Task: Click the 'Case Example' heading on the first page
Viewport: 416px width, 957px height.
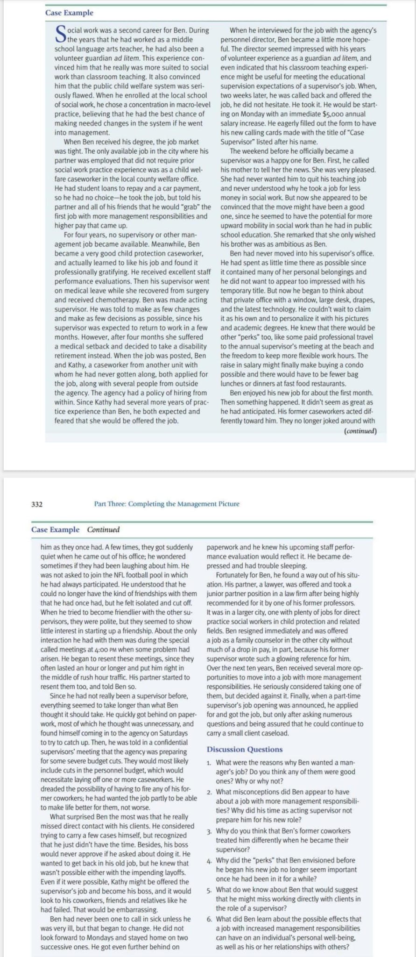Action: [69, 13]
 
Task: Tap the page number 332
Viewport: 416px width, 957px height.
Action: [37, 504]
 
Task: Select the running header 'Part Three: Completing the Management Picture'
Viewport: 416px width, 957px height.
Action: [167, 504]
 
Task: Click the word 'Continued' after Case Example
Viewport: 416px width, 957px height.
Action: [103, 529]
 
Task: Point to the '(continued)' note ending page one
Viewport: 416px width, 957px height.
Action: [360, 431]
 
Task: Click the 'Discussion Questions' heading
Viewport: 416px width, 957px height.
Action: [244, 749]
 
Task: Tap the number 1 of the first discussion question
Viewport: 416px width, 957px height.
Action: [209, 763]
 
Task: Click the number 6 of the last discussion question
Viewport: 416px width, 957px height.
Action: [209, 919]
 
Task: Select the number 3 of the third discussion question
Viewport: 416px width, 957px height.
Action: [209, 831]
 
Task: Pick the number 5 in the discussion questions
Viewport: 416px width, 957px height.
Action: [209, 890]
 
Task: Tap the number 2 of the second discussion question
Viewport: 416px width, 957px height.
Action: [209, 792]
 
